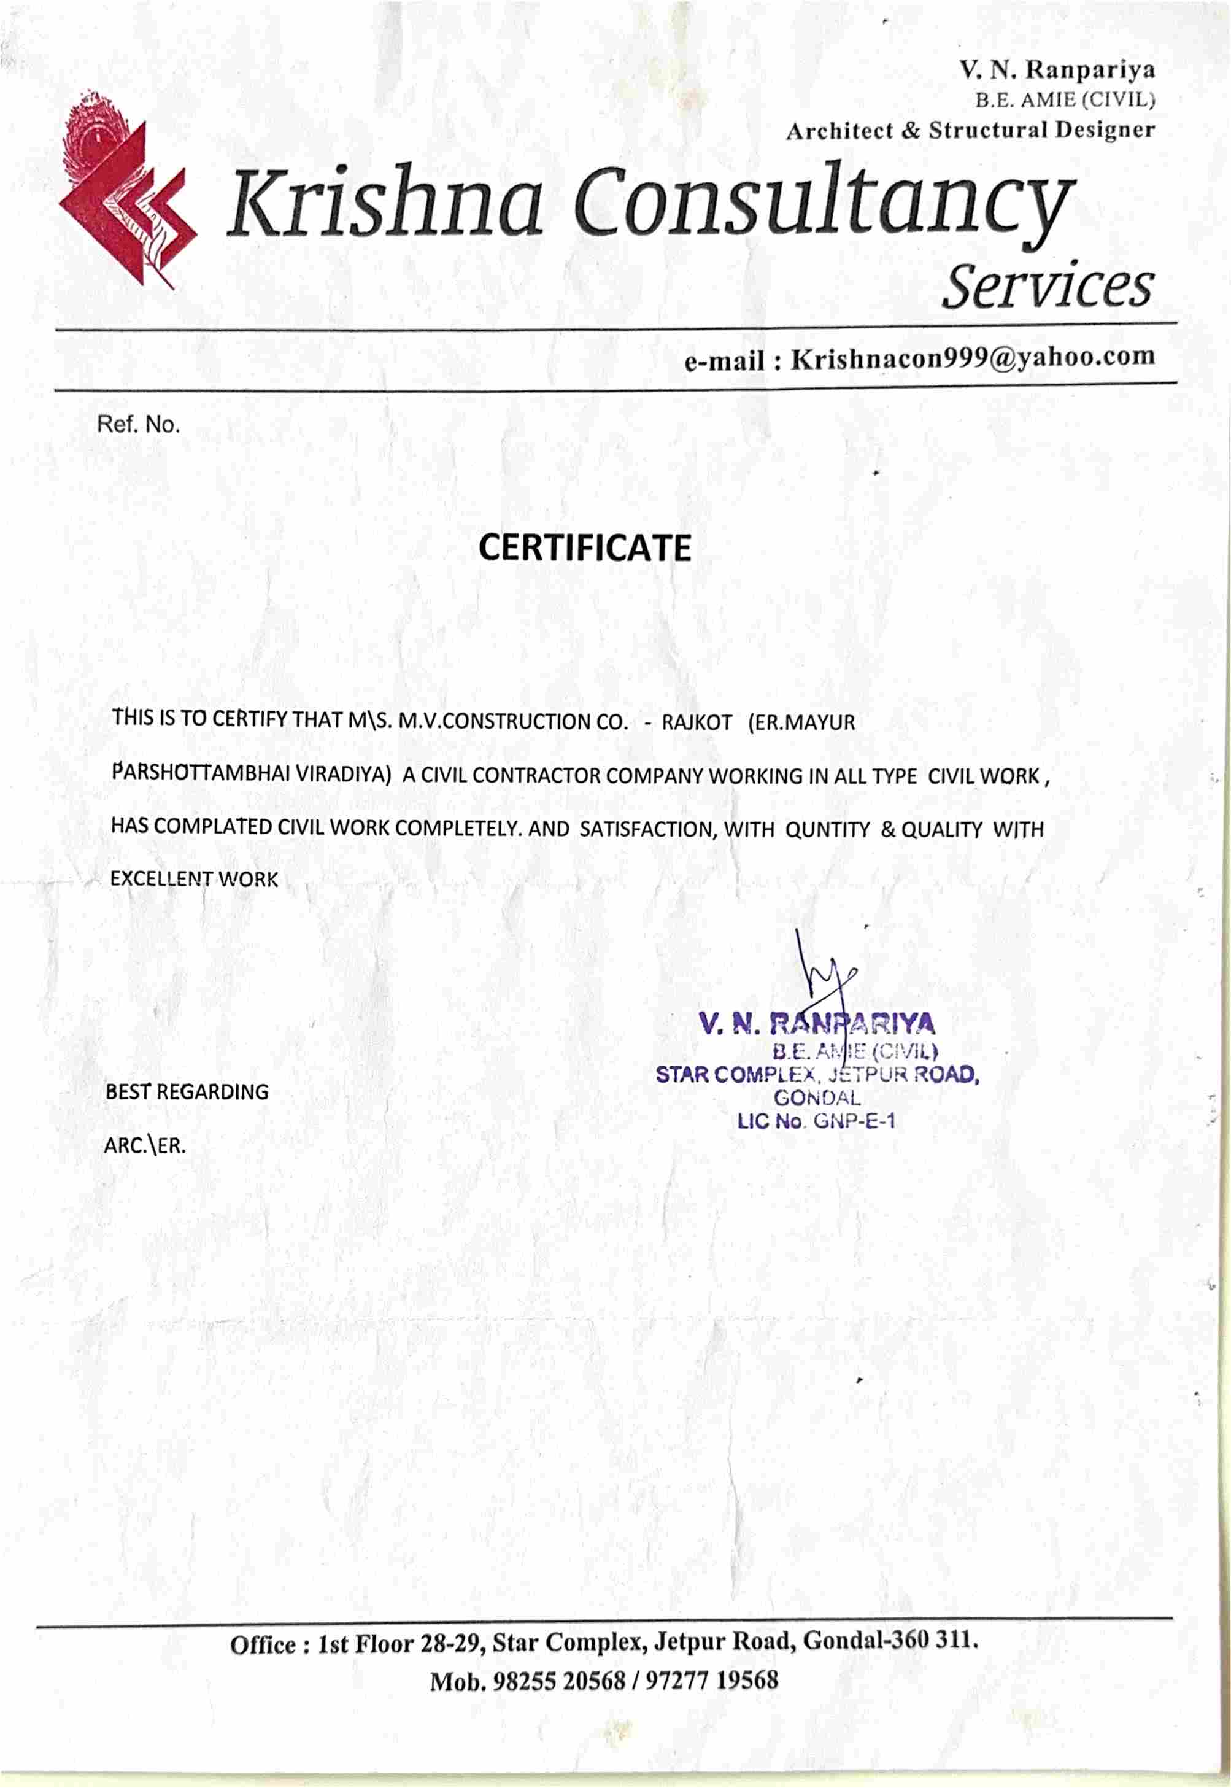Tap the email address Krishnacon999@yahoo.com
click(x=973, y=358)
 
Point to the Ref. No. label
click(x=138, y=424)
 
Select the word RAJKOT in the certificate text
click(x=696, y=723)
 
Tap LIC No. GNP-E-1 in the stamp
click(x=816, y=1121)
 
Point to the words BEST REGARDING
click(x=187, y=1092)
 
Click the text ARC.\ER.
click(x=145, y=1145)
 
